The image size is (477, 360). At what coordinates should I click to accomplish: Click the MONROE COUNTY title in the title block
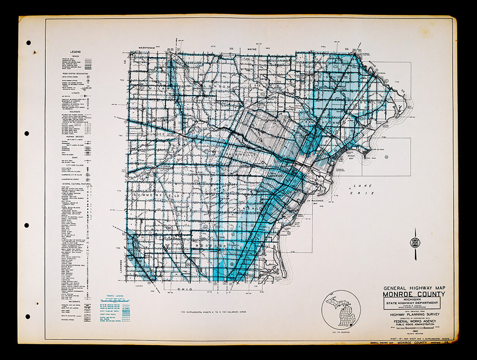pos(413,294)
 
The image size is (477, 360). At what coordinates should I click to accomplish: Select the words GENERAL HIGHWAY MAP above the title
pos(413,288)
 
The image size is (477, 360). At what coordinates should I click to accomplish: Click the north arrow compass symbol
pos(415,243)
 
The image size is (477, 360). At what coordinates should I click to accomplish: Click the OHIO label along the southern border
pos(185,289)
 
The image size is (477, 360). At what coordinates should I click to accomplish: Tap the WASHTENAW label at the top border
pos(149,49)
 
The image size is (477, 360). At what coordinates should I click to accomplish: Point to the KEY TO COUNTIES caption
pos(341,330)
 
